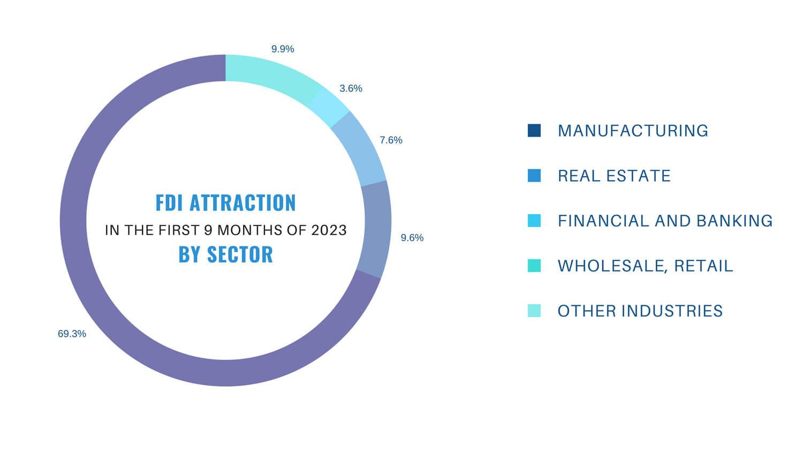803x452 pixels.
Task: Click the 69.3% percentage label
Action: pos(72,334)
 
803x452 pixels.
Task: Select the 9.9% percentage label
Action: pos(283,49)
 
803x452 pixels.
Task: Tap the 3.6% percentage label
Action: pos(351,88)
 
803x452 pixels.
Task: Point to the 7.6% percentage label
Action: pos(391,140)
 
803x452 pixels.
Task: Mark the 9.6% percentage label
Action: pos(412,238)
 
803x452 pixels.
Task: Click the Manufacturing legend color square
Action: pos(534,131)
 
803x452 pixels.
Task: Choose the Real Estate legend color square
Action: pos(534,176)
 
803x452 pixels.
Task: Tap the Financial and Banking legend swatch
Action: pos(534,221)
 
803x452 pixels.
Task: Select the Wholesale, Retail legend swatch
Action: pos(534,266)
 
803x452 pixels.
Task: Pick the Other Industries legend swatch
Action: pos(534,311)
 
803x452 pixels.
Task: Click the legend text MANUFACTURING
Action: pos(633,131)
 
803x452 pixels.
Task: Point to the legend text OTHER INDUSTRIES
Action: pos(640,311)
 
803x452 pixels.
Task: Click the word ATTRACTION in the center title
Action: pos(243,203)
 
